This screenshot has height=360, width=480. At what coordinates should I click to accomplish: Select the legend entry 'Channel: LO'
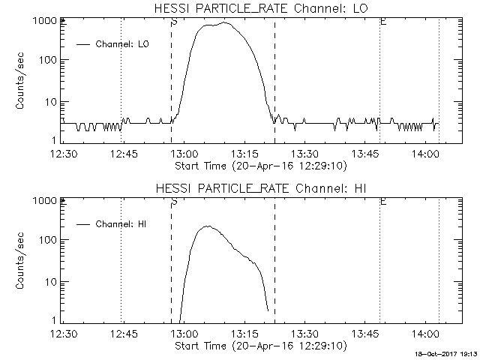[x=123, y=45]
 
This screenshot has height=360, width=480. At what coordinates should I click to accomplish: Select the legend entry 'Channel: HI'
[x=122, y=224]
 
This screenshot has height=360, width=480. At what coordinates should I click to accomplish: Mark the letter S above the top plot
[x=174, y=22]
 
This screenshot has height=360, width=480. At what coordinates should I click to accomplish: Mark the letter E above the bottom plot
[x=383, y=201]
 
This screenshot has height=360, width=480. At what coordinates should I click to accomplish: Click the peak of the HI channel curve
[x=208, y=226]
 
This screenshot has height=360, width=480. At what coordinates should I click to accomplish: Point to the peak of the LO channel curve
[x=224, y=22]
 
